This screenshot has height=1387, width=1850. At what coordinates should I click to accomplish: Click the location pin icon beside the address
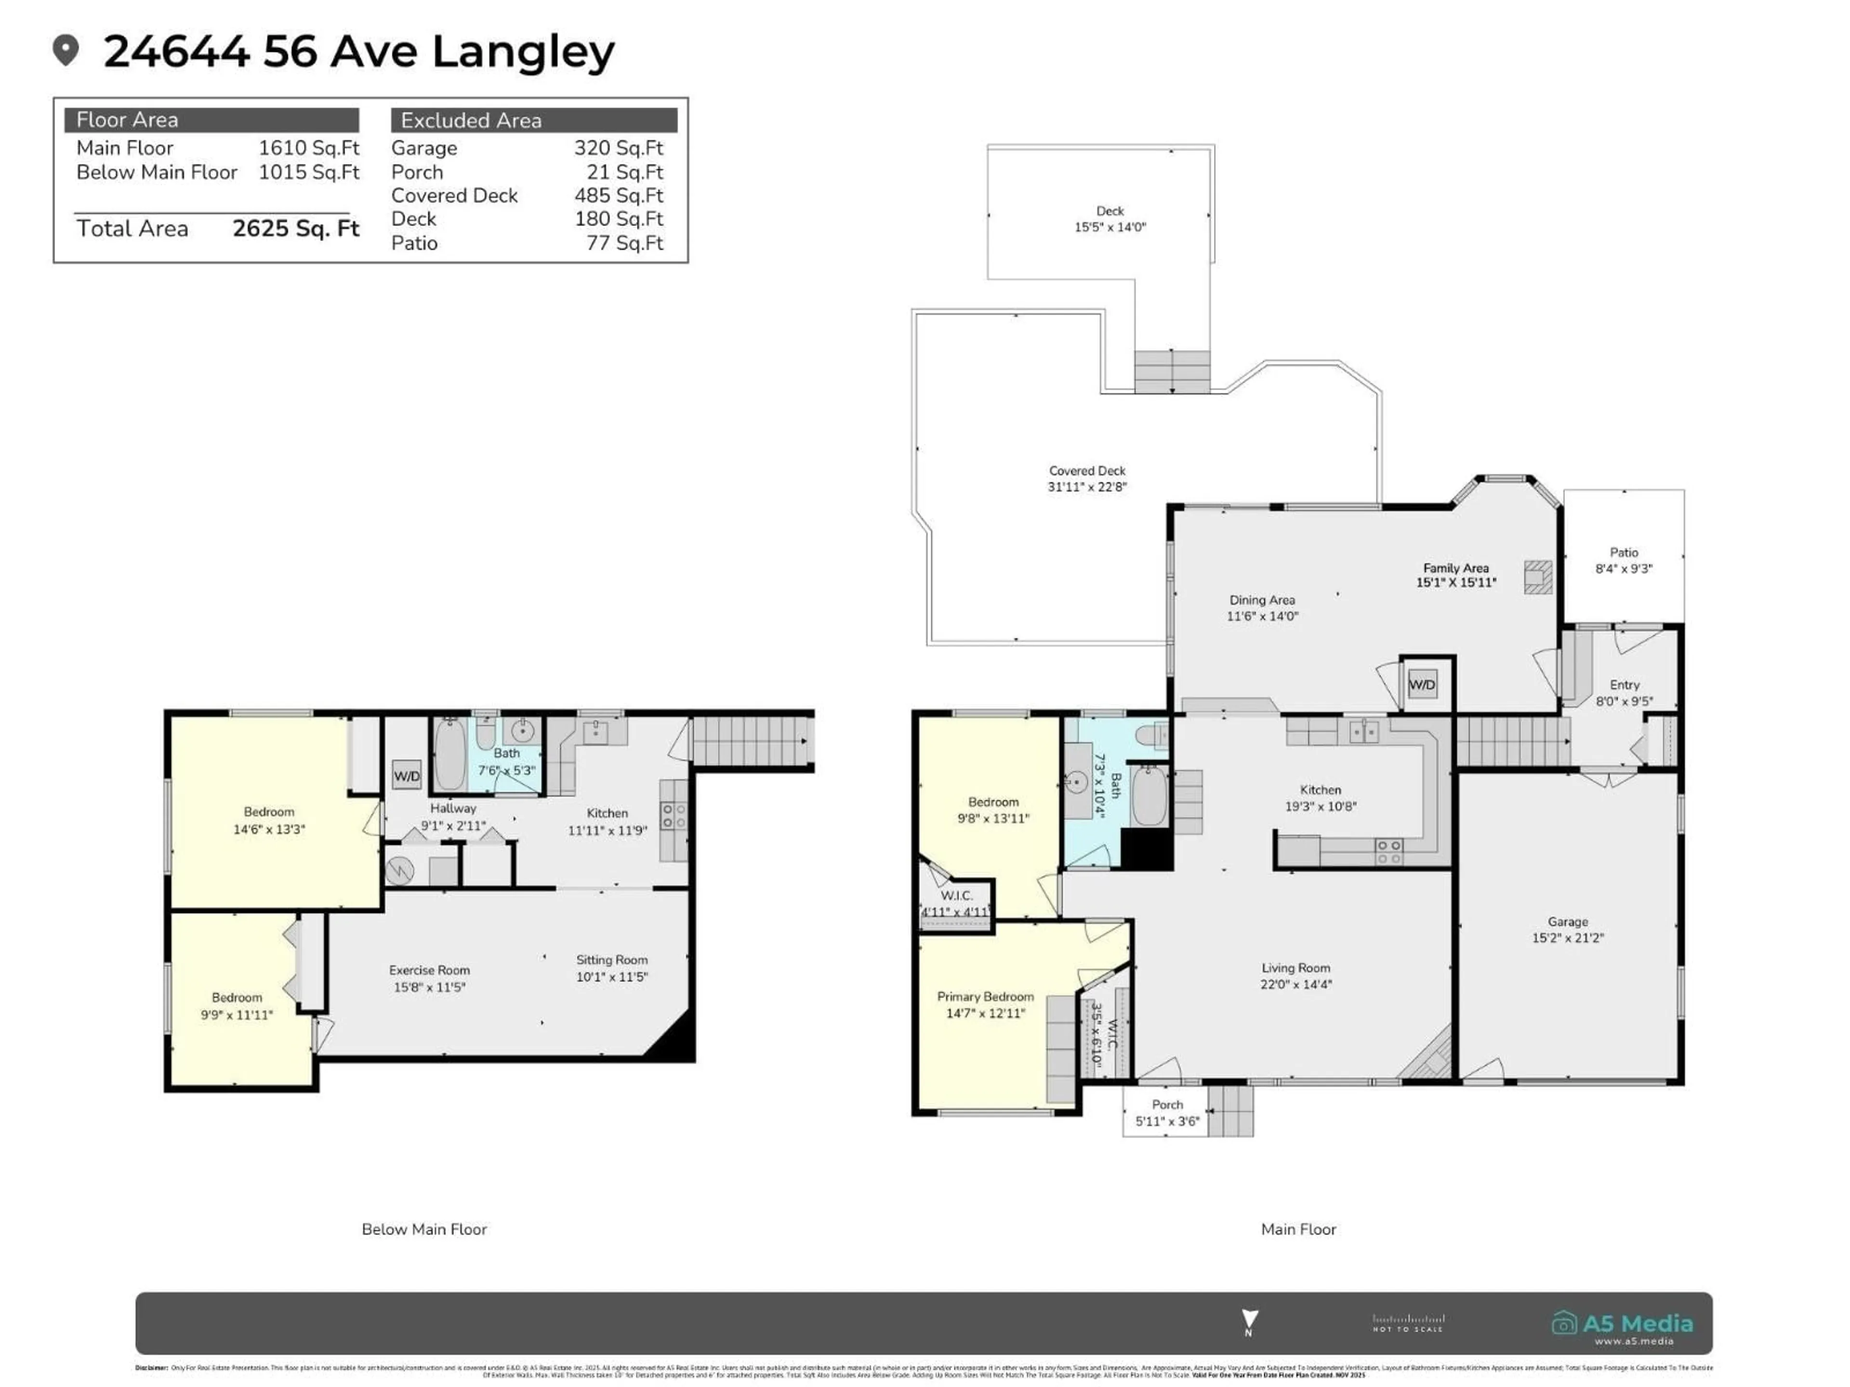pyautogui.click(x=65, y=50)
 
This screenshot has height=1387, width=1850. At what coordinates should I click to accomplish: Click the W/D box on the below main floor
pyautogui.click(x=407, y=776)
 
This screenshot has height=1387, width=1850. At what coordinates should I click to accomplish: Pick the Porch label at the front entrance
pyautogui.click(x=1167, y=1104)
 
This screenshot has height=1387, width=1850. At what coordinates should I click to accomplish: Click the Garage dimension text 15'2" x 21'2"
pyautogui.click(x=1567, y=938)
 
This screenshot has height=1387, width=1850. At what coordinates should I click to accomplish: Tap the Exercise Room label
pyautogui.click(x=429, y=970)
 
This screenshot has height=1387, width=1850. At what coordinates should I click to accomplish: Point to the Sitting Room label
pyautogui.click(x=611, y=960)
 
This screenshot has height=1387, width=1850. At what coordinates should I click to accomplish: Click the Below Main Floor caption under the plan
pyautogui.click(x=424, y=1229)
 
